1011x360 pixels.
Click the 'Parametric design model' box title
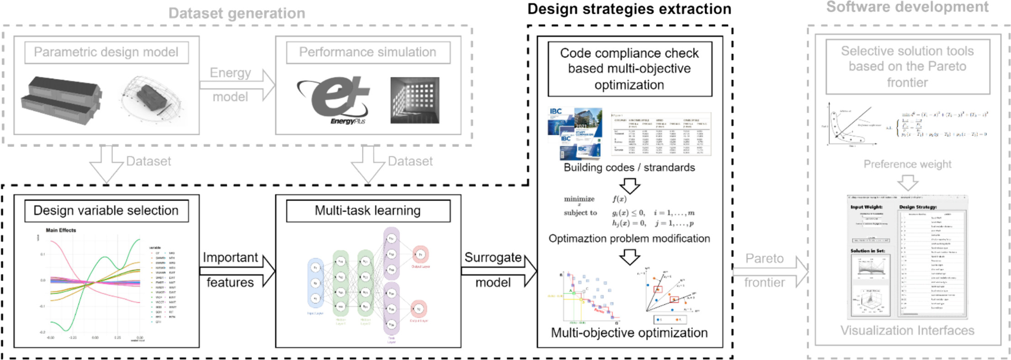click(x=106, y=53)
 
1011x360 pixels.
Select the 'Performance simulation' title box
click(x=368, y=53)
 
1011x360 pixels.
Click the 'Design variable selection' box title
click(x=106, y=211)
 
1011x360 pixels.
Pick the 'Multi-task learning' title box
click(x=368, y=211)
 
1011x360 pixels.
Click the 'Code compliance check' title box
click(x=629, y=69)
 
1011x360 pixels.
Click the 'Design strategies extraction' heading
click(x=629, y=9)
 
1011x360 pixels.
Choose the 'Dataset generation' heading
click(x=237, y=14)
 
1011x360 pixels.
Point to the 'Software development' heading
click(x=907, y=7)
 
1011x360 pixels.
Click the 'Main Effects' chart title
click(x=61, y=230)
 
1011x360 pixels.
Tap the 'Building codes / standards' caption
click(x=629, y=168)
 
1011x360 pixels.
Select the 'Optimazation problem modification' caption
click(x=629, y=238)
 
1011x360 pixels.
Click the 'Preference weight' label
click(x=907, y=164)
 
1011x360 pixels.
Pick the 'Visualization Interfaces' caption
click(x=907, y=331)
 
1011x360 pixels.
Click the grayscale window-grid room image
click(x=414, y=100)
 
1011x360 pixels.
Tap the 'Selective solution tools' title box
click(x=907, y=67)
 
